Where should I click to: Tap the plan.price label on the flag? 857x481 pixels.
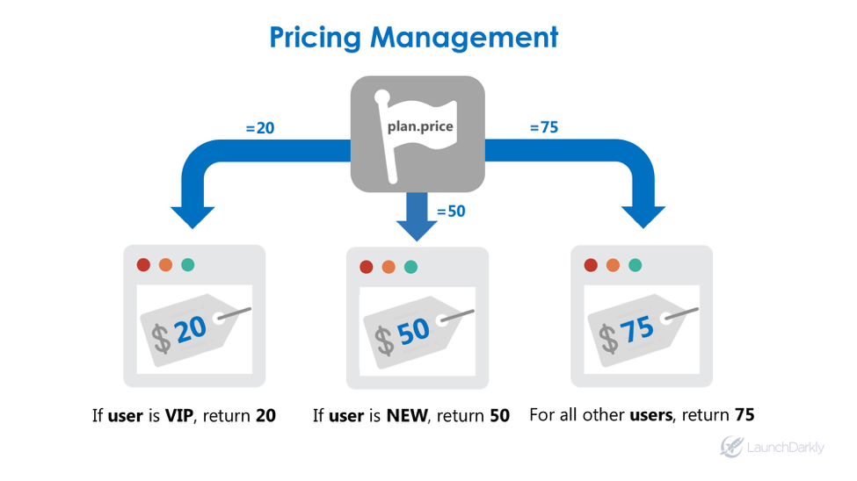[421, 126]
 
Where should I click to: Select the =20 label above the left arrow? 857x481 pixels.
[259, 128]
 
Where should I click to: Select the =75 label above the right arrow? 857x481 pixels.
[543, 127]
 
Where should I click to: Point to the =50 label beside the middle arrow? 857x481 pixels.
[451, 212]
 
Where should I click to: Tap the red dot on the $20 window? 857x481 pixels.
[143, 264]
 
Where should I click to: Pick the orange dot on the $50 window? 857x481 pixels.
[389, 267]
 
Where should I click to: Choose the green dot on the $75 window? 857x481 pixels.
[635, 265]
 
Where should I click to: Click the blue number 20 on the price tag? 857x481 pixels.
[192, 330]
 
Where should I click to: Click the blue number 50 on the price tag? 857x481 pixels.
[413, 332]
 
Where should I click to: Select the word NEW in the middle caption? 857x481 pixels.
[406, 415]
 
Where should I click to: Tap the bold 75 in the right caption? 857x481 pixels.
[744, 414]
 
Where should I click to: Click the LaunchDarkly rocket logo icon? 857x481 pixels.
[731, 447]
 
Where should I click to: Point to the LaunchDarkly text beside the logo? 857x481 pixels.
[786, 448]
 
